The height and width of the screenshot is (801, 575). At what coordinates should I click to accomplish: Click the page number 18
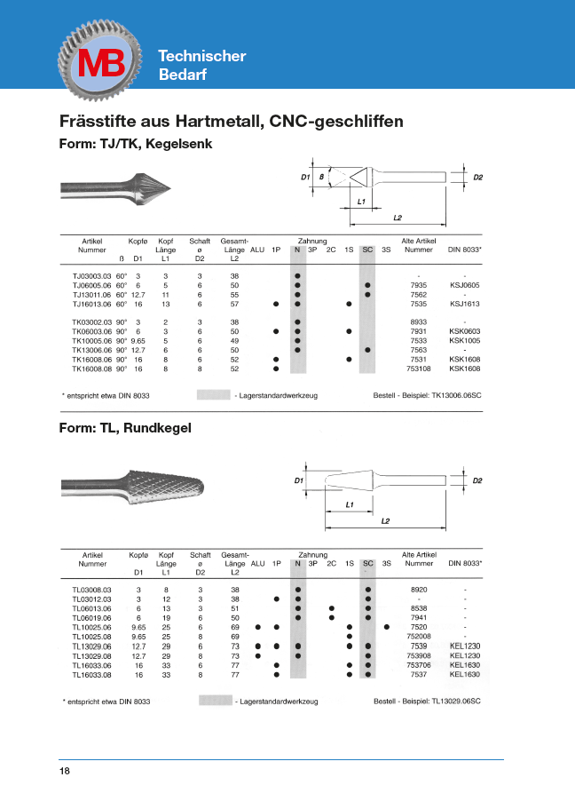65,771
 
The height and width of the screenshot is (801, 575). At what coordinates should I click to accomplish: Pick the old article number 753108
418,369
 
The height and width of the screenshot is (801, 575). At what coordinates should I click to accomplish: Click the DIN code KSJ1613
464,304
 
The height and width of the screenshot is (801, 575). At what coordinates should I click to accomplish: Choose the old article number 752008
418,638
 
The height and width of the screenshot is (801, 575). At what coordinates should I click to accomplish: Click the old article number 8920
418,590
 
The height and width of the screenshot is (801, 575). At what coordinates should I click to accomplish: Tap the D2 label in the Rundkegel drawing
477,480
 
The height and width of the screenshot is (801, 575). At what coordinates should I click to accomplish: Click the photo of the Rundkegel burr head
138,486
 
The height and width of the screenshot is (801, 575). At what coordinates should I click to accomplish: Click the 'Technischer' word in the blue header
201,56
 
